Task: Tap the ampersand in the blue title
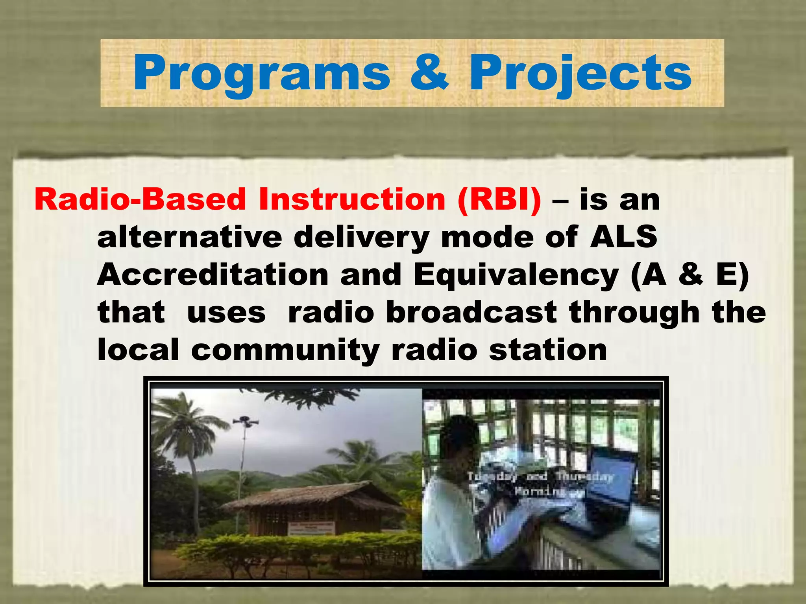pos(429,73)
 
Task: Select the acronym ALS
pos(623,237)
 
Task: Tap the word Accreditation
pos(213,275)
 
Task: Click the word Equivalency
pos(516,275)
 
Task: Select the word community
pos(285,350)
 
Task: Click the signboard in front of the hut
pos(311,528)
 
